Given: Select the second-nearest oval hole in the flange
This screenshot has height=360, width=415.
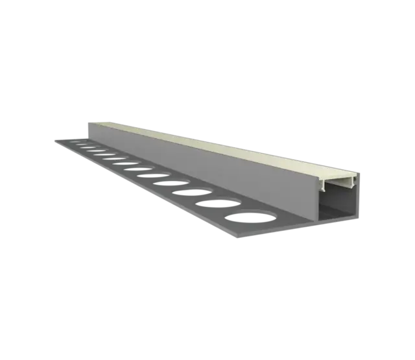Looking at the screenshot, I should pyautogui.click(x=210, y=200).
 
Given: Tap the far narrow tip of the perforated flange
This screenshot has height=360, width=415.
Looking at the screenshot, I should pyautogui.click(x=56, y=138).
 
